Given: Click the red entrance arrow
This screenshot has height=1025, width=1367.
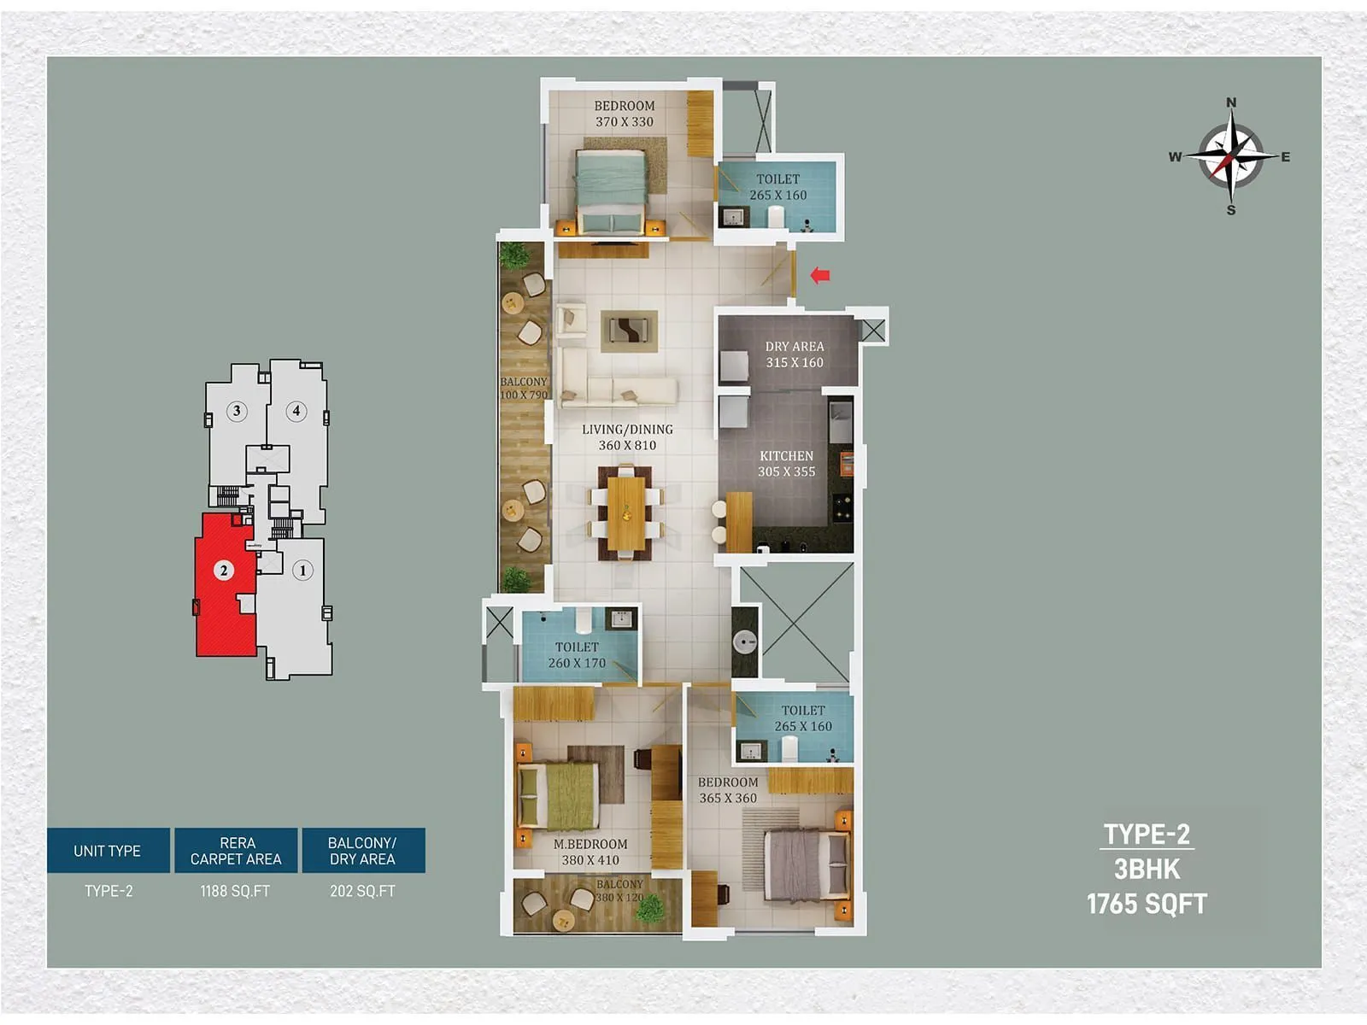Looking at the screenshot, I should coord(820,275).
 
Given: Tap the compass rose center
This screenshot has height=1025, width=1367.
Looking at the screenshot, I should coord(1230,156).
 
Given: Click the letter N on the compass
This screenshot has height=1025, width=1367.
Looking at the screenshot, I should coord(1231,102).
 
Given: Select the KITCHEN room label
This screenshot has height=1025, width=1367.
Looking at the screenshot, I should coord(786,464).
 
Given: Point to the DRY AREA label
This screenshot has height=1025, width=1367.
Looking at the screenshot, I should coord(795,354).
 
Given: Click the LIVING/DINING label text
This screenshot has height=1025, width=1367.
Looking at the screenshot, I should coord(627,437).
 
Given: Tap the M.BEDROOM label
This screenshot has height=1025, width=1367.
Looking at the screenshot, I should coord(590,852).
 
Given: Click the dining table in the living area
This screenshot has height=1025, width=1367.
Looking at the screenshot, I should coord(626,512).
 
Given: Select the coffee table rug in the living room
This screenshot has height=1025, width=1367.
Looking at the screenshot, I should coord(629,331).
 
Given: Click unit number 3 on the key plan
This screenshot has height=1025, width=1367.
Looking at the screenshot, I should coord(237,411).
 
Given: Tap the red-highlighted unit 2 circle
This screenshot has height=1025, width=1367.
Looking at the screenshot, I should coord(224,570).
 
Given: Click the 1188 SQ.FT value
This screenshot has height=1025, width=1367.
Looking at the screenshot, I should coord(235,891).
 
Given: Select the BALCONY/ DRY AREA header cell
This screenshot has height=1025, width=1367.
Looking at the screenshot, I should coord(362,851).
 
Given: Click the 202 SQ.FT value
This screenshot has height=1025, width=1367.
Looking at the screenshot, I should coord(362,891).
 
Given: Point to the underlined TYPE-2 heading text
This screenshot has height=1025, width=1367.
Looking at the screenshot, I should coord(1147,834).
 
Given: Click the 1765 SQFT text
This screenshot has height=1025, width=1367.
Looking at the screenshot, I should coord(1147,904).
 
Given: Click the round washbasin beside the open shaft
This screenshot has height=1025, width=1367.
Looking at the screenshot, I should coord(745,641).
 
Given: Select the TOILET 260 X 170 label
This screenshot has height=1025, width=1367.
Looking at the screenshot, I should coord(577,655).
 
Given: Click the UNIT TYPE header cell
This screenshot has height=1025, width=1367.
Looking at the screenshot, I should coord(108,851).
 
